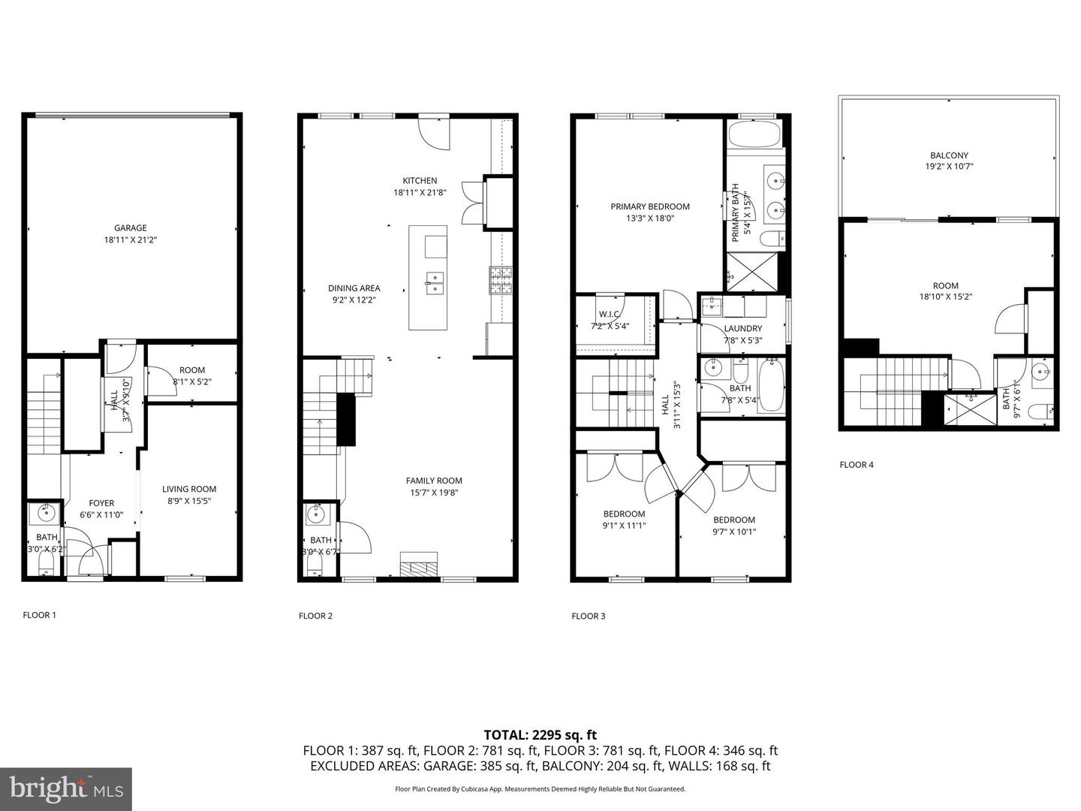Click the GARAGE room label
click(x=131, y=228)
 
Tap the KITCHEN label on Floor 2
click(x=420, y=180)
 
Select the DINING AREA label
click(x=354, y=288)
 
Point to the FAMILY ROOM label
click(x=434, y=481)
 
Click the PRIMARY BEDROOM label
click(x=649, y=207)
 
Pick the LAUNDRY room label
click(x=742, y=328)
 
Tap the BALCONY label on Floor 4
click(x=949, y=155)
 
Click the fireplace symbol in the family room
click(x=418, y=564)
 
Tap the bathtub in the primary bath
click(x=755, y=138)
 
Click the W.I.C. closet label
click(x=609, y=315)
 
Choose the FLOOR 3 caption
click(x=588, y=617)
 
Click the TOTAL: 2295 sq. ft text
click(x=540, y=735)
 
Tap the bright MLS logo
click(x=65, y=788)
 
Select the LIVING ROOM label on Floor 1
click(x=189, y=489)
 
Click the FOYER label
click(x=101, y=503)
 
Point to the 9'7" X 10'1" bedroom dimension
click(x=733, y=532)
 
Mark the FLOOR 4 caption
click(x=856, y=465)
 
